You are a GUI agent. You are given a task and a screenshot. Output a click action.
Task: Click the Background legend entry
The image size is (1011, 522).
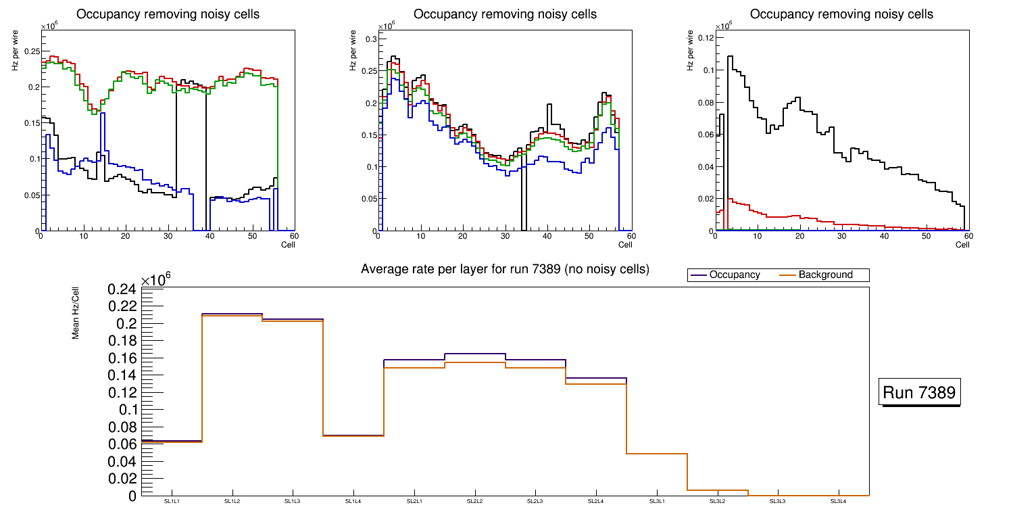[x=825, y=275]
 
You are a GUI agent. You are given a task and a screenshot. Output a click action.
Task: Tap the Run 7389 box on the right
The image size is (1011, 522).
[x=920, y=393]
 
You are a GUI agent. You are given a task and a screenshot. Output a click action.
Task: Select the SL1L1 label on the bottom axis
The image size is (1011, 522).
[x=172, y=501]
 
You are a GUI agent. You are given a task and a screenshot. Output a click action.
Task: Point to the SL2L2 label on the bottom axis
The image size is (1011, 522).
[x=474, y=501]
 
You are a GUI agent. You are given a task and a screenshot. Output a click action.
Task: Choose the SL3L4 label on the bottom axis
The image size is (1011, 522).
[x=838, y=501]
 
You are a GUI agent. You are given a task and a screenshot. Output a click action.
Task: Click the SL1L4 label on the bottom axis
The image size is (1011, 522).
[x=353, y=501]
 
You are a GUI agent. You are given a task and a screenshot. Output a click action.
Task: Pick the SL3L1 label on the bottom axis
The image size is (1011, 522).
[x=656, y=501]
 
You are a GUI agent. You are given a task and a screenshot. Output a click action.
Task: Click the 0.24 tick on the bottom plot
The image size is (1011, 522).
[x=122, y=289]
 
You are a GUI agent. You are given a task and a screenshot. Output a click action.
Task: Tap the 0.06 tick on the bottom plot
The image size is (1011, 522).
[x=122, y=444]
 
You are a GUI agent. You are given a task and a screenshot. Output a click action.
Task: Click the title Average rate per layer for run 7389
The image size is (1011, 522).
[x=505, y=269]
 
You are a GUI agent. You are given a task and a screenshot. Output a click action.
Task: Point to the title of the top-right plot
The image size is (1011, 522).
[x=841, y=14]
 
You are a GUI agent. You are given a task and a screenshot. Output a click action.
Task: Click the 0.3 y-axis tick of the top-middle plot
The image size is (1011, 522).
[x=370, y=40]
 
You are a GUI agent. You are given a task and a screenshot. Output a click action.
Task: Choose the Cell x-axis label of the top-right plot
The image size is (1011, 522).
[x=962, y=245]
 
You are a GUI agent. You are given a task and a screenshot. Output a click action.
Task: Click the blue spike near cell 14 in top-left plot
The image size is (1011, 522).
[x=102, y=114]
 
